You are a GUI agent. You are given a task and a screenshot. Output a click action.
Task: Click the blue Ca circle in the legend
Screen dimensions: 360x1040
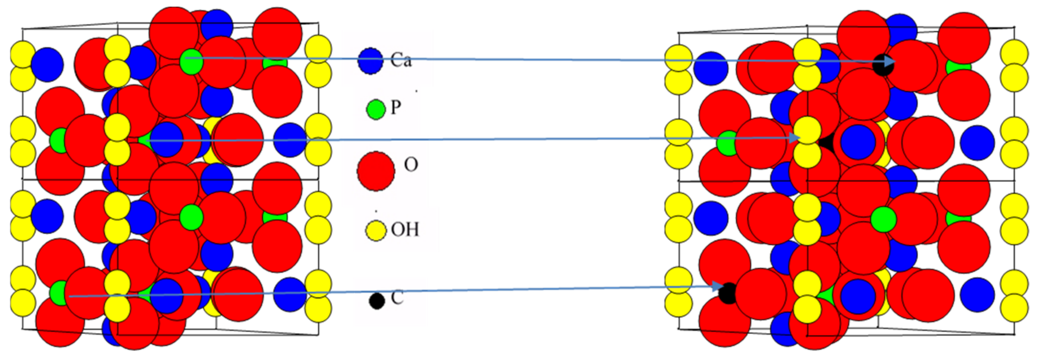[370, 61]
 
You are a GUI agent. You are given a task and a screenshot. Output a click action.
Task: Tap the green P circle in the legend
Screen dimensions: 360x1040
[376, 109]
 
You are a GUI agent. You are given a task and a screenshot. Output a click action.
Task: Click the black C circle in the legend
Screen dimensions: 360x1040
[377, 301]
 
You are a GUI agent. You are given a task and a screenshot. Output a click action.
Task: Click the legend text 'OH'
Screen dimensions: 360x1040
[405, 230]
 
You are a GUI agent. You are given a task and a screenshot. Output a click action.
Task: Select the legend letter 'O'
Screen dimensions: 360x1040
[411, 165]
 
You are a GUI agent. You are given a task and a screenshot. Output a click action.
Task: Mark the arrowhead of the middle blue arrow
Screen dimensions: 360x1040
[795, 138]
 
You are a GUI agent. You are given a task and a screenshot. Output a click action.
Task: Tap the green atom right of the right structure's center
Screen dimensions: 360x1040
[883, 220]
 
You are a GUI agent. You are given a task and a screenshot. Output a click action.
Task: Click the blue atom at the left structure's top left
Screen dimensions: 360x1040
[47, 64]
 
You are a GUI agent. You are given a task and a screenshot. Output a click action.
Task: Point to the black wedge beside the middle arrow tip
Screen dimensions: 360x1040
[826, 142]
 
